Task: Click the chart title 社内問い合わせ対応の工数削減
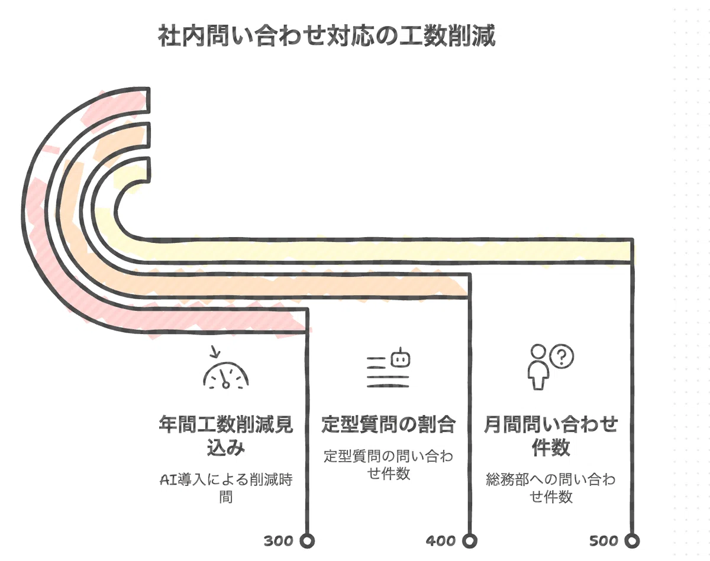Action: point(327,35)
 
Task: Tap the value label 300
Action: point(279,541)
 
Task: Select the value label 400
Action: point(441,541)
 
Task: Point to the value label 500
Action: point(603,541)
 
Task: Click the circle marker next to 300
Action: point(307,541)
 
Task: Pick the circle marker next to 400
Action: point(469,541)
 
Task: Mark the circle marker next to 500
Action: point(632,541)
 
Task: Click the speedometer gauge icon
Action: point(226,375)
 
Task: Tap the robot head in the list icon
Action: point(401,358)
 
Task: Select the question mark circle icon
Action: point(562,356)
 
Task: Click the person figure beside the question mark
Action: point(538,367)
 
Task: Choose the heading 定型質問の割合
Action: point(388,424)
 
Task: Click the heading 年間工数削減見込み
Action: point(226,436)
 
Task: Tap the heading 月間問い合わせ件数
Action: point(551,436)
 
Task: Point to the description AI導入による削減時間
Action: point(226,488)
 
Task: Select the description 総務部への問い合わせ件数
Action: point(551,488)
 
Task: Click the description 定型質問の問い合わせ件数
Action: point(388,465)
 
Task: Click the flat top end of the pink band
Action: point(149,100)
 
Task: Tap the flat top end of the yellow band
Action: point(149,170)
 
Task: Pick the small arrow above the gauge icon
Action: point(215,352)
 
